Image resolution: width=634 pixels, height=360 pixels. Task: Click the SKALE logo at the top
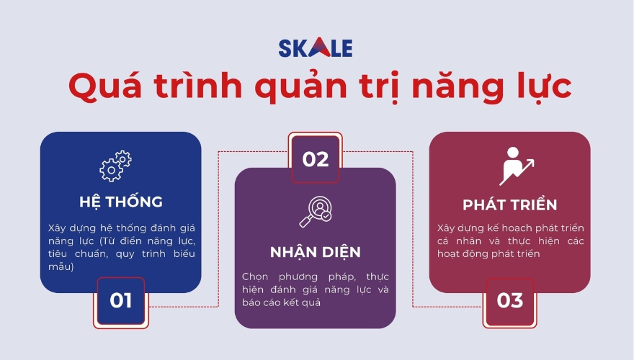tap(316, 48)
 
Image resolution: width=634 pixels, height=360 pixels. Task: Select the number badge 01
tap(120, 300)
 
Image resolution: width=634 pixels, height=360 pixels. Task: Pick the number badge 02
tap(315, 159)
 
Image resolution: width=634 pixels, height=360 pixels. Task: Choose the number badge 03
tap(509, 300)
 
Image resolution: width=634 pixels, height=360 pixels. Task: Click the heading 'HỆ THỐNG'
tap(120, 202)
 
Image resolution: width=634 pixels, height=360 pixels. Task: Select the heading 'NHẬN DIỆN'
tap(316, 252)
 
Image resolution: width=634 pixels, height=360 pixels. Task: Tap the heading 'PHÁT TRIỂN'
tap(509, 204)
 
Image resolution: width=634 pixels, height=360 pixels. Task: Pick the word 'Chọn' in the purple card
tap(256, 276)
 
